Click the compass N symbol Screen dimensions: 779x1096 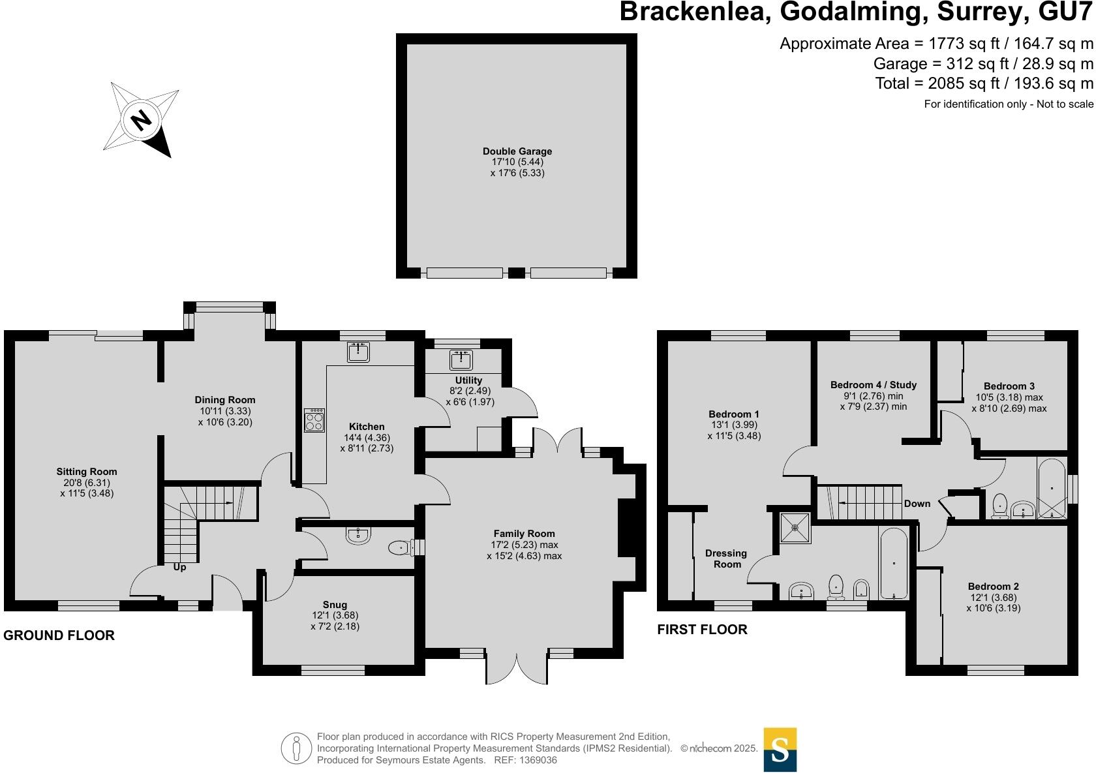[x=141, y=119]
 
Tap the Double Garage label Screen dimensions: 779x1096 [x=517, y=151]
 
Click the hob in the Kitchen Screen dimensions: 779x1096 [x=314, y=420]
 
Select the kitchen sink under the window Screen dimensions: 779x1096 [x=358, y=352]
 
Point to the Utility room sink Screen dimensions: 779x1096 [x=461, y=360]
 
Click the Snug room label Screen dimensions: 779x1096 [x=335, y=605]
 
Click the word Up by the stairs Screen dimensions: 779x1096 [x=179, y=568]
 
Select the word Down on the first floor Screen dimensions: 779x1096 [x=917, y=504]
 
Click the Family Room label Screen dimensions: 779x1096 [x=524, y=534]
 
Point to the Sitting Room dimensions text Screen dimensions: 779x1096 [x=87, y=488]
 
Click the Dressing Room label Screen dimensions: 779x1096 [x=726, y=558]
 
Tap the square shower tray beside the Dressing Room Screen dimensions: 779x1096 [x=795, y=527]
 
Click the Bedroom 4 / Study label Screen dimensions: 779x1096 [x=873, y=385]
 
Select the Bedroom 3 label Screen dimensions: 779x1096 [x=1009, y=386]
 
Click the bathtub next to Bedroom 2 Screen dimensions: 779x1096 [x=893, y=563]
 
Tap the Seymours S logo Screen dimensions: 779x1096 [x=780, y=750]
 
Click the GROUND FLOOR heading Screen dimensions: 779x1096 [x=59, y=635]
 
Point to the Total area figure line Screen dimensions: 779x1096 [x=984, y=84]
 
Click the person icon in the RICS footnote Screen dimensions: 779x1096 [x=297, y=748]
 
